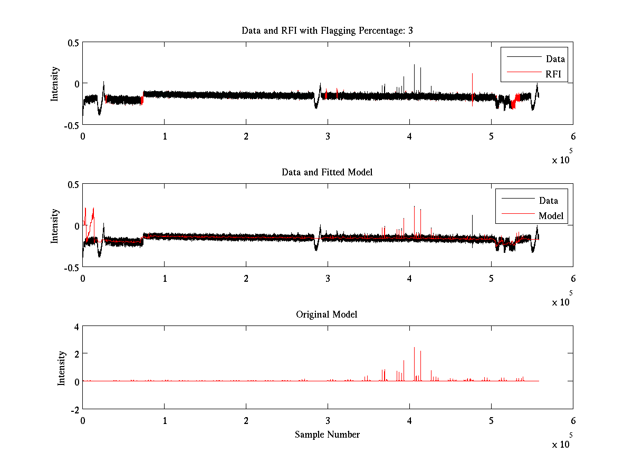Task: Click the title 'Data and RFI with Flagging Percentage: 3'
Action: click(x=327, y=31)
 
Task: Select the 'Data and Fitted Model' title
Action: click(x=327, y=172)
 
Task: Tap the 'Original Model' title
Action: click(x=327, y=314)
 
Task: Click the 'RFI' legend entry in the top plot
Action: click(x=553, y=74)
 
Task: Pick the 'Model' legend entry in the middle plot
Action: click(x=551, y=215)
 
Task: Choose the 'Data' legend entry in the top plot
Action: click(x=555, y=58)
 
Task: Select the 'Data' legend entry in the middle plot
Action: click(x=548, y=200)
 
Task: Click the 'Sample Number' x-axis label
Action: click(x=327, y=434)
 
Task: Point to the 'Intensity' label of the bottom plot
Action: click(x=62, y=368)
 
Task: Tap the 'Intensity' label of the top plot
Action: click(x=55, y=84)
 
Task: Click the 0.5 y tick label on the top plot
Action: click(x=73, y=43)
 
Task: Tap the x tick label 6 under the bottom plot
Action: click(x=573, y=421)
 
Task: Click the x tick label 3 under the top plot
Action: click(x=328, y=136)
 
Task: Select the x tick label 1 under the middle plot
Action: click(x=165, y=279)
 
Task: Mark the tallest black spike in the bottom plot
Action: click(x=414, y=349)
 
